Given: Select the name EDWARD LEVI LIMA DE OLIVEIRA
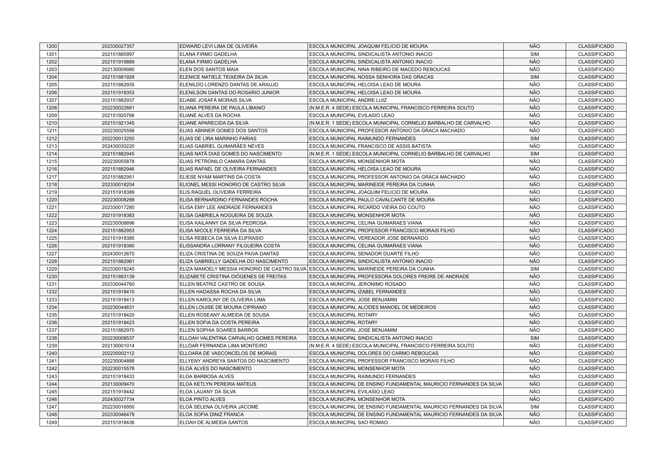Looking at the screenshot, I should (x=218, y=46).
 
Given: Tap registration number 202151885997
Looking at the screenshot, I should (x=118, y=54).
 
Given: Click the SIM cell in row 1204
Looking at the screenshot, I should (x=534, y=77).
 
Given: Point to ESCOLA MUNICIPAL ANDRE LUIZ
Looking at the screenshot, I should (x=348, y=100).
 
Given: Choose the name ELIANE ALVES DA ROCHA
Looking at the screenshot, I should (x=210, y=116).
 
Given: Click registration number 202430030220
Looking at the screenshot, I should (x=118, y=146).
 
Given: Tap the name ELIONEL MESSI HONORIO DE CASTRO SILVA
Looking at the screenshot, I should (x=232, y=185).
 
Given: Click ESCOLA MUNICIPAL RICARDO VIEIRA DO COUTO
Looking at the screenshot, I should (x=367, y=207).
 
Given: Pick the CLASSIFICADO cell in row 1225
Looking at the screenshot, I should (x=596, y=238).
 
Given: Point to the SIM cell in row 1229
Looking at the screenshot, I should (x=534, y=269).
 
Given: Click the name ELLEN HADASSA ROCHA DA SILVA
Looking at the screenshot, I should (x=220, y=292).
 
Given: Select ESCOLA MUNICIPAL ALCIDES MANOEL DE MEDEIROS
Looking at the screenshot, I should (x=373, y=307).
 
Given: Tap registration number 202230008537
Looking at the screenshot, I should (x=118, y=338).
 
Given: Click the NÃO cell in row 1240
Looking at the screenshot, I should (x=534, y=353).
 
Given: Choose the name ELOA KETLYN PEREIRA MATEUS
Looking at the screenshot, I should (x=218, y=384).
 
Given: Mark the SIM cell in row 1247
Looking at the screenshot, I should (x=534, y=407).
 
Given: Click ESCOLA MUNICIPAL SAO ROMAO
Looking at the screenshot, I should (x=348, y=423).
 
